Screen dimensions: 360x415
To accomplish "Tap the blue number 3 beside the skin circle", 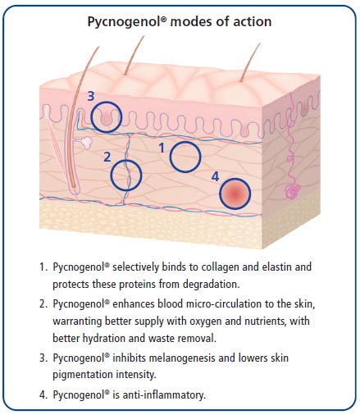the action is point(91,96).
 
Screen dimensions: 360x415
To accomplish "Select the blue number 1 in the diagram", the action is point(162,148).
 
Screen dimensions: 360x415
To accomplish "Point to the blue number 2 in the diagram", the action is point(107,157).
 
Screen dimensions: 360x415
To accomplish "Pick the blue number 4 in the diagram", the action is point(216,176).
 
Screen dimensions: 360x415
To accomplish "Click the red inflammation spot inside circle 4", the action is point(235,194).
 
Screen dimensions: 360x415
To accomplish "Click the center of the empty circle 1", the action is point(185,157).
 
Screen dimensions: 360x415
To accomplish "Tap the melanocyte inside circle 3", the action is point(106,119).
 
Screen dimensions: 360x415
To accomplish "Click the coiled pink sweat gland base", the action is point(292,191).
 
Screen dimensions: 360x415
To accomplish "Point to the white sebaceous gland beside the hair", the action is point(88,142).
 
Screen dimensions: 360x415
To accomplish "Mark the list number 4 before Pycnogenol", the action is point(43,394).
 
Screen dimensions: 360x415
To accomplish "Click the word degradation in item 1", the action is point(211,285).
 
